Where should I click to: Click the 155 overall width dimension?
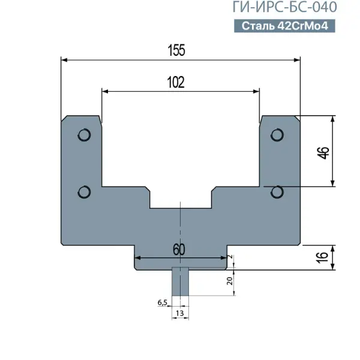pyautogui.click(x=176, y=50)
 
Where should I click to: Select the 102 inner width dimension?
pyautogui.click(x=176, y=82)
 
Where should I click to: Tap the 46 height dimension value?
pyautogui.click(x=323, y=152)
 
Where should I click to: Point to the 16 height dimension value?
pyautogui.click(x=323, y=257)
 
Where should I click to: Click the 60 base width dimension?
pyautogui.click(x=179, y=250)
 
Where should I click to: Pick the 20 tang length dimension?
pyautogui.click(x=230, y=281)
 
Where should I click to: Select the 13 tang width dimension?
pyautogui.click(x=180, y=313)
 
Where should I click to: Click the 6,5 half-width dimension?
pyautogui.click(x=163, y=303)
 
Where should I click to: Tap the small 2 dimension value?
pyautogui.click(x=230, y=257)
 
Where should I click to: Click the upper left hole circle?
pyautogui.click(x=84, y=135)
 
